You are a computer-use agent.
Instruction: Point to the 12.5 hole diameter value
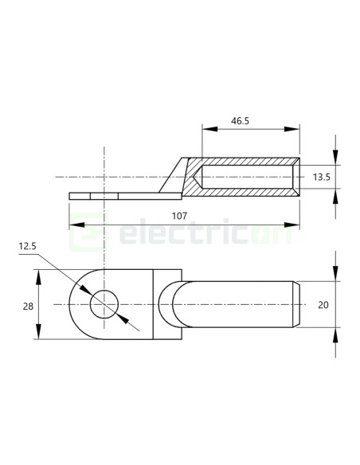coord(29,248)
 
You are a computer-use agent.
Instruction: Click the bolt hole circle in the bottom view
coord(104,305)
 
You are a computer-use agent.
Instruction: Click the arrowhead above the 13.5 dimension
coord(335,151)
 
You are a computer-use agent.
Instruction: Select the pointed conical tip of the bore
coord(197,176)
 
